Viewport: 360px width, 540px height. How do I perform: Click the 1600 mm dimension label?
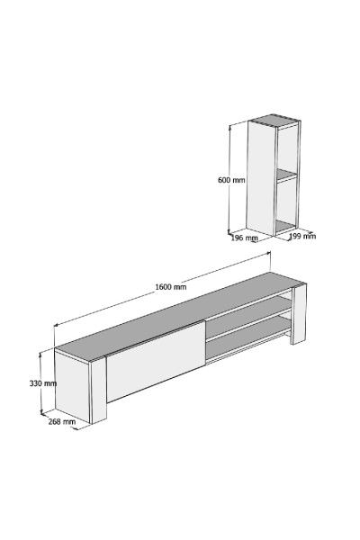tap(170, 286)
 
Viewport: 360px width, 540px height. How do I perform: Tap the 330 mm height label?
tap(42, 383)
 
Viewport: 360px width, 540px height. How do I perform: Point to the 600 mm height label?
tap(231, 180)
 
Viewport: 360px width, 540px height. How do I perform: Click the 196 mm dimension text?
tap(244, 238)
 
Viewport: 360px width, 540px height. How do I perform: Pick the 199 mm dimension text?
tap(301, 237)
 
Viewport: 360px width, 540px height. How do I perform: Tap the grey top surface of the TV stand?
tap(171, 315)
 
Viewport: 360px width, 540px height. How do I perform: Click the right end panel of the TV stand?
tap(301, 310)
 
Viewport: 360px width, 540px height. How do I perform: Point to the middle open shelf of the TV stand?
tap(247, 323)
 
